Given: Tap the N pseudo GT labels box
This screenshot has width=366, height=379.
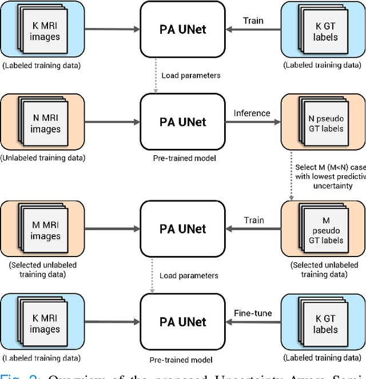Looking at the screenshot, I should tap(324, 123).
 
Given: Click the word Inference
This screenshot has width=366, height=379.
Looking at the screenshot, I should tap(252, 113).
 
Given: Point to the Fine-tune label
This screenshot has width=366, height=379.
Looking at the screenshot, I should tap(253, 313).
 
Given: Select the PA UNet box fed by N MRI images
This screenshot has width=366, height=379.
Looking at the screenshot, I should tap(182, 122).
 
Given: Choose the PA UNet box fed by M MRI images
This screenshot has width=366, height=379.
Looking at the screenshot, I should tap(182, 229).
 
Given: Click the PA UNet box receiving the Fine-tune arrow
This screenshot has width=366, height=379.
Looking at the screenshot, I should tap(182, 322).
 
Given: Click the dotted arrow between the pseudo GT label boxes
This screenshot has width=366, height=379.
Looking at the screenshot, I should tap(291, 175).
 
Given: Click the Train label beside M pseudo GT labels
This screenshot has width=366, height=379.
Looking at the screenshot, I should tap(254, 220).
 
